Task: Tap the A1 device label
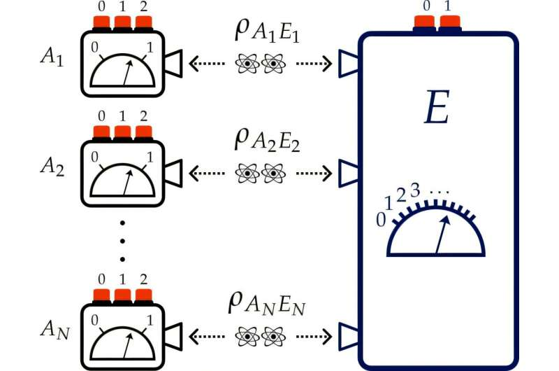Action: (52, 59)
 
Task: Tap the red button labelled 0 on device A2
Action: (102, 133)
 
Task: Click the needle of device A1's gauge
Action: (127, 73)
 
